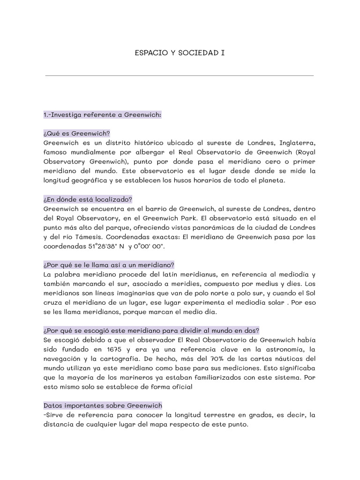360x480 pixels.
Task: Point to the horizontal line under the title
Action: point(180,75)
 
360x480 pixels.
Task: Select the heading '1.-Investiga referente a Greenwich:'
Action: point(102,115)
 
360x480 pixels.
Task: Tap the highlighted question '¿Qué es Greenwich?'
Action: point(76,133)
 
